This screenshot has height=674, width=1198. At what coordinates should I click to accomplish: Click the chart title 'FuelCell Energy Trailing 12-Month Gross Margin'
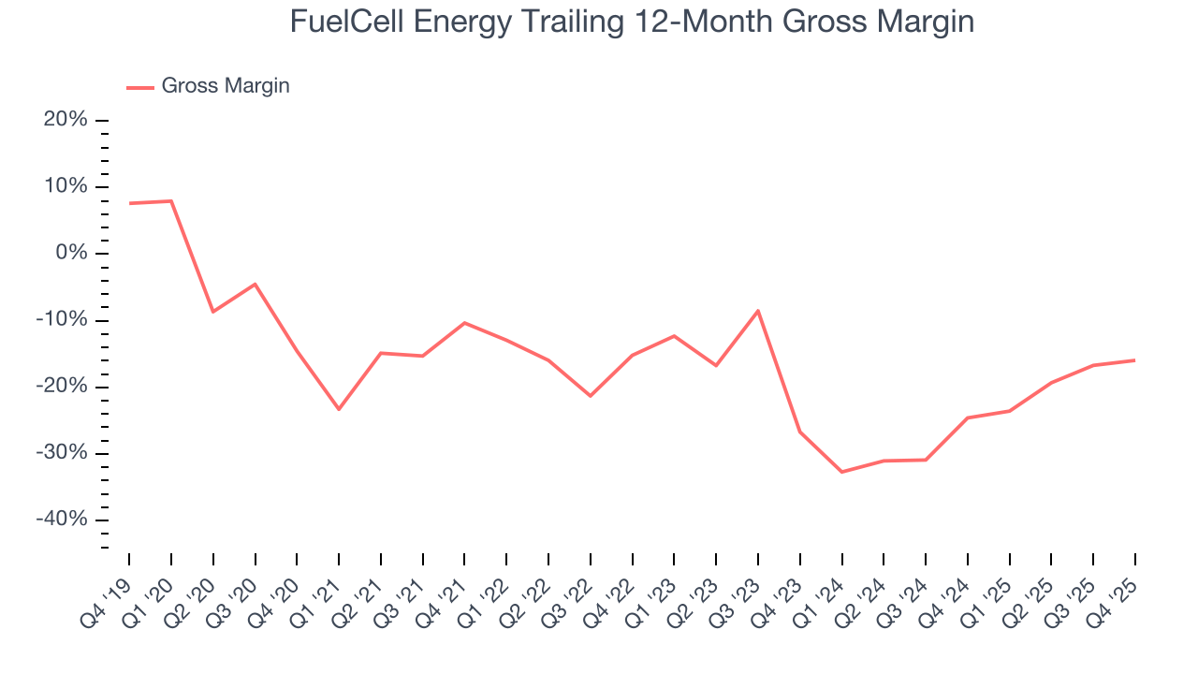(x=632, y=21)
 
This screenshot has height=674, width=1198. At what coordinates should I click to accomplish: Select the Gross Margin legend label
(x=226, y=86)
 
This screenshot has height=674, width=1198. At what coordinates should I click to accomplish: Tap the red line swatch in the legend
(x=140, y=87)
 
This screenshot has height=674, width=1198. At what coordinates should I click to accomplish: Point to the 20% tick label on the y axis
(x=65, y=120)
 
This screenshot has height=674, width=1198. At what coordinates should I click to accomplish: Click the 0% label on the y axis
(x=70, y=254)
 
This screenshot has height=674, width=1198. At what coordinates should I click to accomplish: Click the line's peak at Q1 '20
(x=171, y=201)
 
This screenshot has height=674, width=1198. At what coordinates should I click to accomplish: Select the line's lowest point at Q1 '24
(x=841, y=472)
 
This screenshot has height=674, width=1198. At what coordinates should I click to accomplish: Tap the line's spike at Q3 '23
(x=758, y=310)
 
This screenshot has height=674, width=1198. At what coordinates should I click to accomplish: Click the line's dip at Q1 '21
(x=339, y=409)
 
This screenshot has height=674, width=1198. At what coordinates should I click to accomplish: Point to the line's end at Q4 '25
(x=1135, y=360)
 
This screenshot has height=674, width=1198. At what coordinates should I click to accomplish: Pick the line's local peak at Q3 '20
(x=255, y=284)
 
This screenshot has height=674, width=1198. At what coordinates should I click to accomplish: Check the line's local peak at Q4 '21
(x=464, y=323)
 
